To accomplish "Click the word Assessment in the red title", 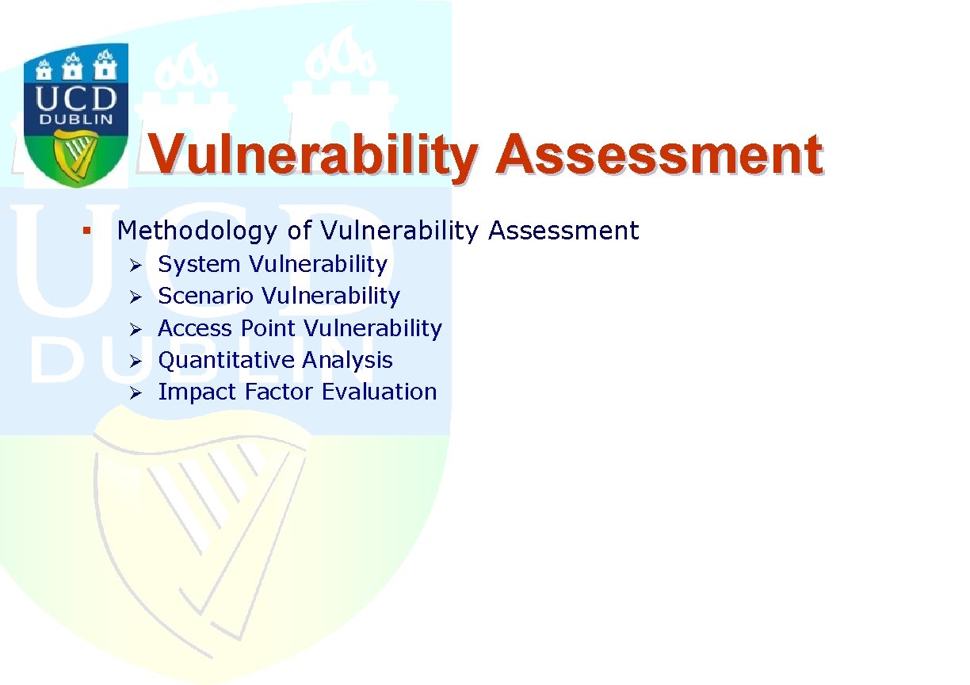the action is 659,155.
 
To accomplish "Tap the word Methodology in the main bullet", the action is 197,231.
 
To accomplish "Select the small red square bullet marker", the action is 86,231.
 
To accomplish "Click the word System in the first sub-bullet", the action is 199,265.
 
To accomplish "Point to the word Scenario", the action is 206,297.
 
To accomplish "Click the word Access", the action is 195,328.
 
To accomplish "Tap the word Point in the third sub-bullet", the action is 268,328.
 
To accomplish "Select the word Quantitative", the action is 226,361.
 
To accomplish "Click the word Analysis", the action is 347,361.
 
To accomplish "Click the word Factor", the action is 278,392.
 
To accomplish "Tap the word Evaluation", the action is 380,392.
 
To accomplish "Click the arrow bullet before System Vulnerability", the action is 136,265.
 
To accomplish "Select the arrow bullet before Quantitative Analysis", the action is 136,362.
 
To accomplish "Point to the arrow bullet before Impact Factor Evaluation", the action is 136,393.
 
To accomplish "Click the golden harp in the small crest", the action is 74,158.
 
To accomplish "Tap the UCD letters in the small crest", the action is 76,98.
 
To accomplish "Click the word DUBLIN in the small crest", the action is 76,120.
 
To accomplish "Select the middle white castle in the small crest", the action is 72,67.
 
